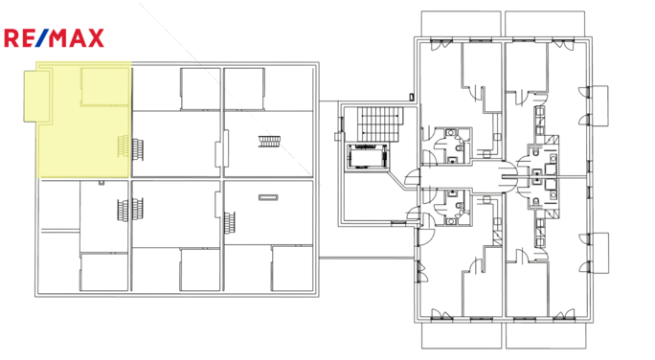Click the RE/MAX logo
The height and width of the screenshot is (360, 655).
click(54, 38)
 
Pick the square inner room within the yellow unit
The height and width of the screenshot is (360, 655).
click(104, 87)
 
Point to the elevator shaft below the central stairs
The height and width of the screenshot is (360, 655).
click(367, 155)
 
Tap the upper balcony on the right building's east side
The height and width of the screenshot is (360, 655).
click(601, 105)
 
